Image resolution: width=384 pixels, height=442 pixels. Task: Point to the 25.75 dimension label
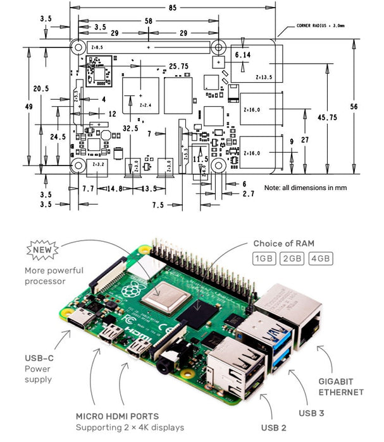point(178,66)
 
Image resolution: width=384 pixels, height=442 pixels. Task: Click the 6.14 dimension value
point(243,56)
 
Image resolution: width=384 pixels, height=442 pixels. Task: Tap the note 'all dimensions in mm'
point(306,188)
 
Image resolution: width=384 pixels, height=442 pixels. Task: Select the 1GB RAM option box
point(264,259)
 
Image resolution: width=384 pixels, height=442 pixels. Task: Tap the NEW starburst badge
point(42,250)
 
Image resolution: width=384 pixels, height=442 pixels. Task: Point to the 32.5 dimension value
point(130,128)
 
